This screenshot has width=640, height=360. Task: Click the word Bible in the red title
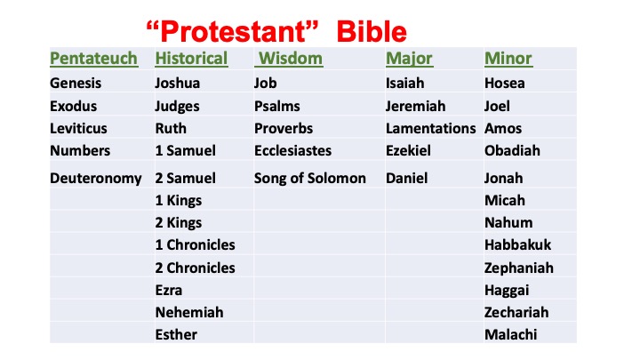tap(372, 31)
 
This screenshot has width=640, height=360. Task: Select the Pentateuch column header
tap(94, 59)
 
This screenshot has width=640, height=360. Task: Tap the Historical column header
tap(191, 59)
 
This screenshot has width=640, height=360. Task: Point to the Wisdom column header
tap(290, 59)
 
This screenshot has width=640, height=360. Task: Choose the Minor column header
tap(508, 59)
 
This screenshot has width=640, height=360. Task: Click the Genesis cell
tap(76, 84)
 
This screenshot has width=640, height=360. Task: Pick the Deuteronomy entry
tap(95, 179)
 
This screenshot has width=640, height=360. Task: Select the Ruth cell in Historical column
tap(171, 129)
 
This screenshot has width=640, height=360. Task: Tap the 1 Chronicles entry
tap(195, 245)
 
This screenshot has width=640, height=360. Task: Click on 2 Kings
tap(179, 223)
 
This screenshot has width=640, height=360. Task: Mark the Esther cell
tap(176, 335)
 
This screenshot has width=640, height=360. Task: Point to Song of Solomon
tap(310, 179)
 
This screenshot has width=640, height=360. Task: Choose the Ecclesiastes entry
tap(292, 150)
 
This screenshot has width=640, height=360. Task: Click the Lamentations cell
tap(430, 129)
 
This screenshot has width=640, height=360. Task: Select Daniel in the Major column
tap(406, 179)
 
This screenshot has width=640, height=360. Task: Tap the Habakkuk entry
tap(517, 245)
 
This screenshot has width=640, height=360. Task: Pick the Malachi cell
tap(510, 335)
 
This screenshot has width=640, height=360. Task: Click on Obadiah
tap(512, 150)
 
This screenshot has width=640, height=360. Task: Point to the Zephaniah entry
tap(519, 268)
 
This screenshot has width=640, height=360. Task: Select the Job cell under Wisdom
tap(265, 84)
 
